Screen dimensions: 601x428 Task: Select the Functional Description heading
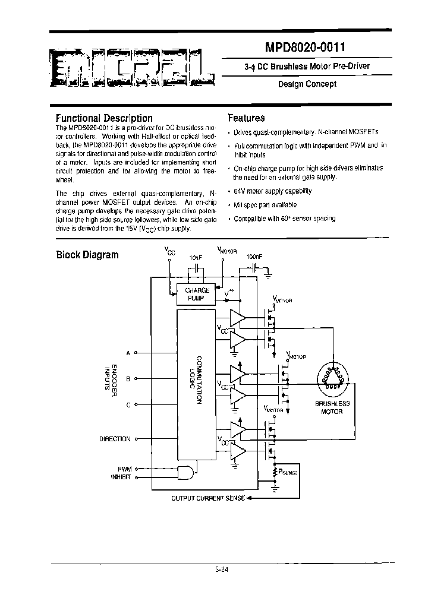pyautogui.click(x=104, y=118)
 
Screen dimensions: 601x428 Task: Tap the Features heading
pyautogui.click(x=246, y=118)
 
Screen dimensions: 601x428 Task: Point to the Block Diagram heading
pyautogui.click(x=87, y=255)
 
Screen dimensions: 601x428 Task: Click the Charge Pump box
pyautogui.click(x=197, y=294)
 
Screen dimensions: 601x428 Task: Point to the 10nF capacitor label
pyautogui.click(x=196, y=258)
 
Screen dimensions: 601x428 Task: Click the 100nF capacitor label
pyautogui.click(x=254, y=257)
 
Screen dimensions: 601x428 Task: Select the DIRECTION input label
pyautogui.click(x=115, y=439)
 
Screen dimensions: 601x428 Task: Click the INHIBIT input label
pyautogui.click(x=121, y=476)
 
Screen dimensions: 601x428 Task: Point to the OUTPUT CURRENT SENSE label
pyautogui.click(x=207, y=498)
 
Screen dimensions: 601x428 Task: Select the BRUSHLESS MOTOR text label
pyautogui.click(x=332, y=407)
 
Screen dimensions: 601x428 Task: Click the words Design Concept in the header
pyautogui.click(x=307, y=84)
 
